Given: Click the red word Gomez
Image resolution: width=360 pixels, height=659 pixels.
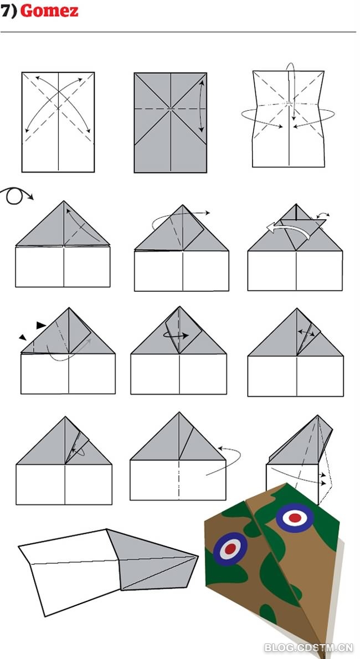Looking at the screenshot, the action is [x=49, y=11].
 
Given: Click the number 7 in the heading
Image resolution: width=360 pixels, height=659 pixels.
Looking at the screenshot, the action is [x=5, y=11].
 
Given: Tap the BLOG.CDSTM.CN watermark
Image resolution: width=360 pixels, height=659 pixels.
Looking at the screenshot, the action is [x=308, y=648].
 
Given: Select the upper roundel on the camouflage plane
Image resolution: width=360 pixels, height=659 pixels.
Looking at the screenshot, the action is [x=295, y=518].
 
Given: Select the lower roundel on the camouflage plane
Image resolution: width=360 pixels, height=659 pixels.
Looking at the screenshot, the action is [x=230, y=549].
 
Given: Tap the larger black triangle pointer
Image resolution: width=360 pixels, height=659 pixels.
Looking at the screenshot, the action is [x=41, y=325].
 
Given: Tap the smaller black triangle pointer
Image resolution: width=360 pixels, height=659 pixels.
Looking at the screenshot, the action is [x=22, y=337].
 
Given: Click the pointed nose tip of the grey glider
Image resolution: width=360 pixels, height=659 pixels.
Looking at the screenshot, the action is [x=197, y=557].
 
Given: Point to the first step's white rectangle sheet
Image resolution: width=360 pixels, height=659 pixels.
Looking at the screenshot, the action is [x=58, y=122].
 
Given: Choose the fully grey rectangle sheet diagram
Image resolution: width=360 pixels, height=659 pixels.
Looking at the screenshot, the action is [x=171, y=122].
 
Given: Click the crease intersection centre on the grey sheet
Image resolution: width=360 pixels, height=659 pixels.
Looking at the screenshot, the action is [x=171, y=109].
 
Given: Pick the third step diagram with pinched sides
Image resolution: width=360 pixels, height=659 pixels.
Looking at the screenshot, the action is [x=289, y=119].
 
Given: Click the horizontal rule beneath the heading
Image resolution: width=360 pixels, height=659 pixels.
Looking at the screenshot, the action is [x=178, y=32].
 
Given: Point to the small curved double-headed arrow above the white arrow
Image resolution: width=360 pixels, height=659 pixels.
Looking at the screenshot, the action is [x=323, y=215].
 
